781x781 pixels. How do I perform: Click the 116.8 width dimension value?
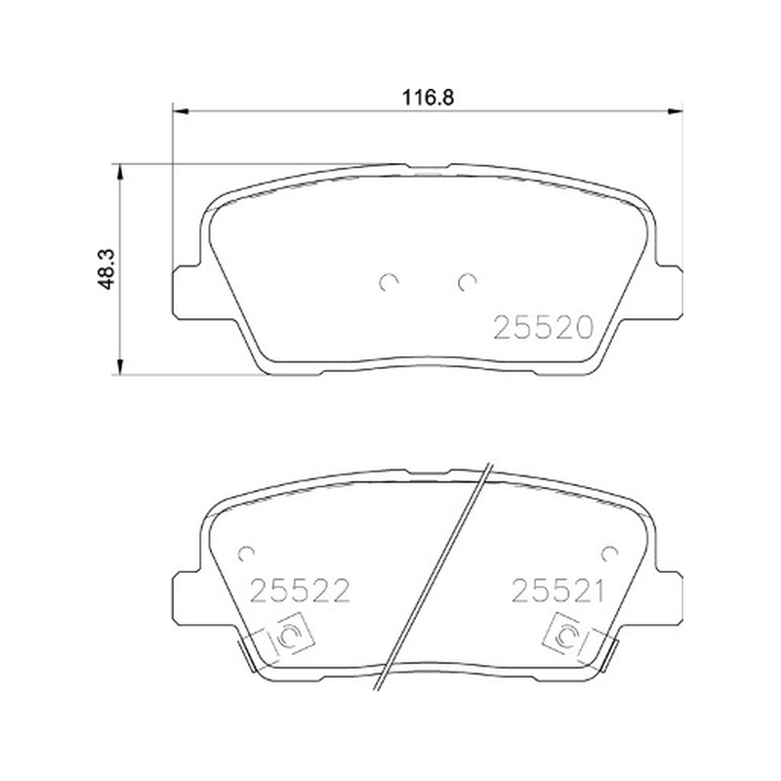tap(428, 98)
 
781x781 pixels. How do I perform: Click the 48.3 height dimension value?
tap(106, 269)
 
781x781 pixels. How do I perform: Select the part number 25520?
tap(544, 328)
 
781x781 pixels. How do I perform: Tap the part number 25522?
tap(300, 591)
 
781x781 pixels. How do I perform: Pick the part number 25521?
tap(557, 591)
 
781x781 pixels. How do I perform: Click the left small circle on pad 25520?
tap(388, 282)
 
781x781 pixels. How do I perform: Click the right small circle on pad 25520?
tap(467, 282)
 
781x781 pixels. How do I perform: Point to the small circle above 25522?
tap(246, 553)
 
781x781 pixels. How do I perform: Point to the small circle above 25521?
tap(609, 553)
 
